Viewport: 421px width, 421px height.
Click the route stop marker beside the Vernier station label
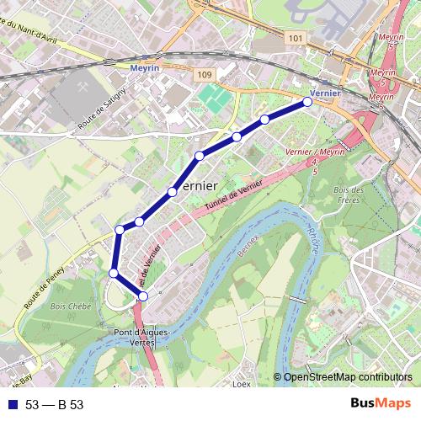pyautogui.click(x=307, y=101)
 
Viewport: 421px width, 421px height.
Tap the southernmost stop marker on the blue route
pyautogui.click(x=143, y=296)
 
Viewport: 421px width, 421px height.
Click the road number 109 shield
pyautogui.click(x=205, y=74)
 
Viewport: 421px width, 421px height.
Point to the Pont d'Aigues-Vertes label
pyautogui.click(x=150, y=334)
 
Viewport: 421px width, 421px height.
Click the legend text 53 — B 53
pyautogui.click(x=55, y=405)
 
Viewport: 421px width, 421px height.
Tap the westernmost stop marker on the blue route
pyautogui.click(x=114, y=272)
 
